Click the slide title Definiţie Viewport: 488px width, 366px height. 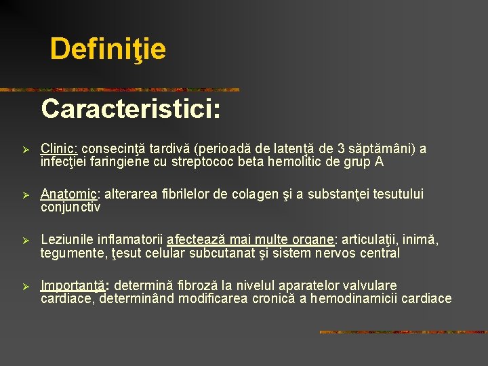point(108,49)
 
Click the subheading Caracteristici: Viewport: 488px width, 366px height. point(131,108)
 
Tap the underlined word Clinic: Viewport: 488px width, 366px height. point(60,148)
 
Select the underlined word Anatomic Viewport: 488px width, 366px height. point(64,195)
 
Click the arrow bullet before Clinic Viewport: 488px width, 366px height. point(24,149)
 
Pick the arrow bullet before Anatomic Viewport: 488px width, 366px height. point(24,195)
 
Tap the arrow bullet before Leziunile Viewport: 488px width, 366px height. point(24,241)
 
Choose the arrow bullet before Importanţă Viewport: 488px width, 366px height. point(24,286)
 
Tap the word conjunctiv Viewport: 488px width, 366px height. point(70,207)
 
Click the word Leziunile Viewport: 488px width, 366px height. point(68,240)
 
